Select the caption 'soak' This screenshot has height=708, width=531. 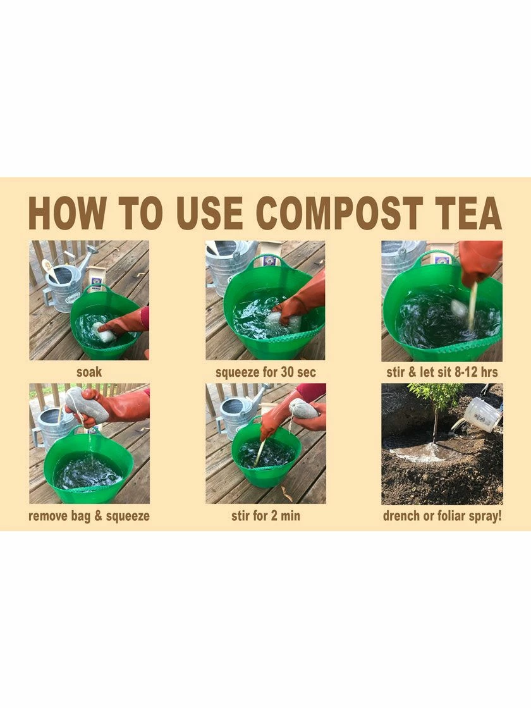tap(88, 372)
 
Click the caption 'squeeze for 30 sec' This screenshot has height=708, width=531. tap(265, 372)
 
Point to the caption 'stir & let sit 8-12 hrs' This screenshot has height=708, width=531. tap(442, 372)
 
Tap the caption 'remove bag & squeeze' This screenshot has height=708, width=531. tap(89, 516)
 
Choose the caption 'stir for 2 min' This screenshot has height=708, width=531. tap(265, 516)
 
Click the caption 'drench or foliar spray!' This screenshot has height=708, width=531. tap(442, 516)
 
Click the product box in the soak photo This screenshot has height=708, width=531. tap(96, 278)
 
